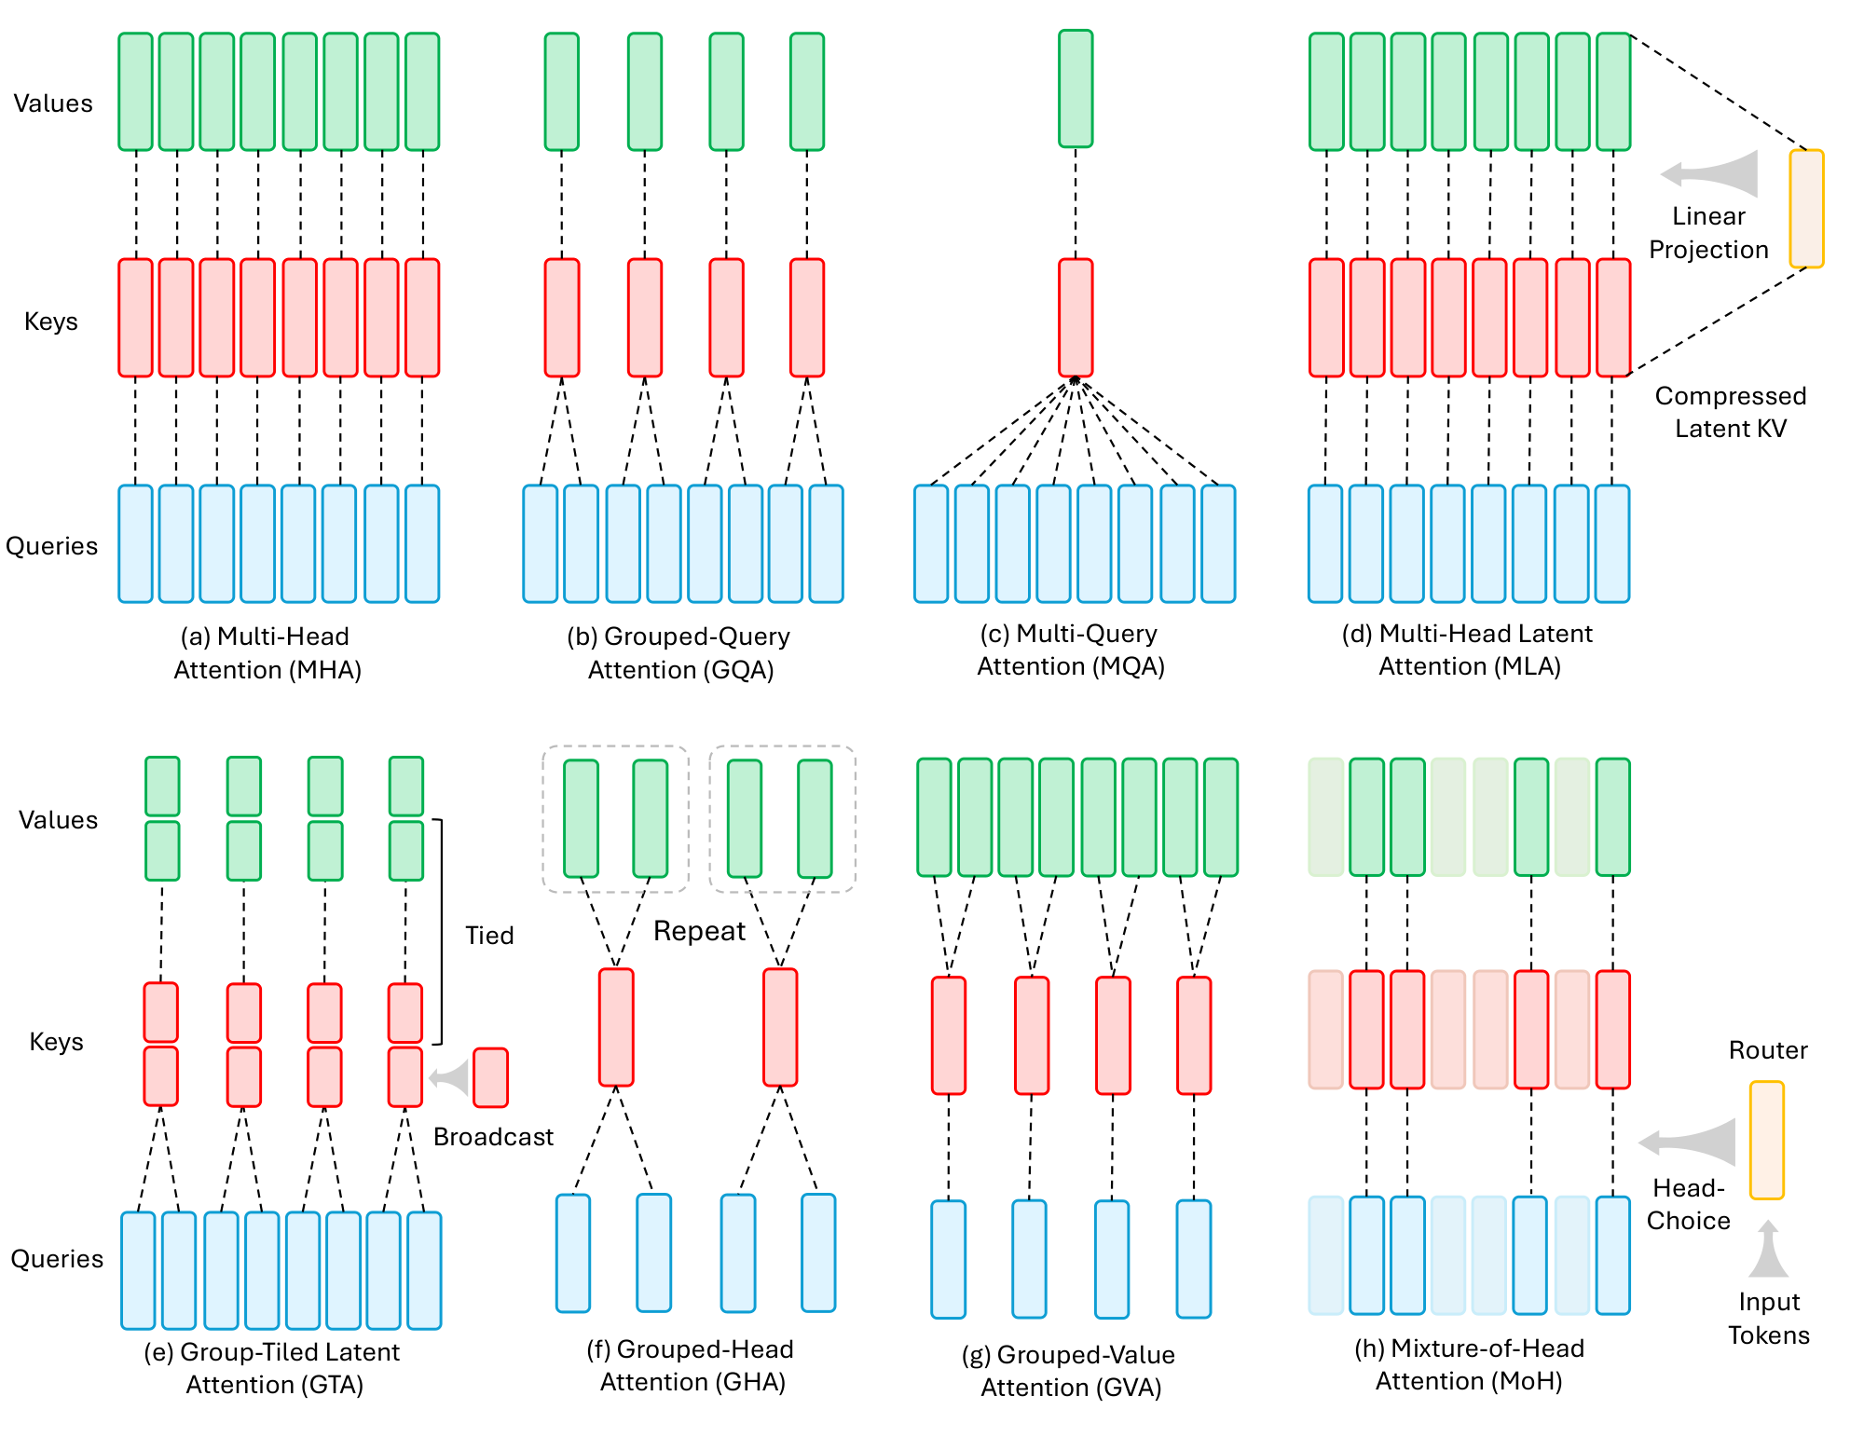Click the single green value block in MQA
pyautogui.click(x=1076, y=89)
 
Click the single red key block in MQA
pyautogui.click(x=1076, y=318)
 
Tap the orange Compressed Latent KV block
pyautogui.click(x=1806, y=209)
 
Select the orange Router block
pyautogui.click(x=1766, y=1140)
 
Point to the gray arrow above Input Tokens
pyautogui.click(x=1768, y=1250)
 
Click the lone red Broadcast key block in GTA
pyautogui.click(x=490, y=1077)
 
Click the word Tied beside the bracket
pyautogui.click(x=489, y=935)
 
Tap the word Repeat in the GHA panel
pyautogui.click(x=699, y=931)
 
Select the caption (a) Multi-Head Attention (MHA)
pyautogui.click(x=267, y=652)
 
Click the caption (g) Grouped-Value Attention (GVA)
pyautogui.click(x=1070, y=1370)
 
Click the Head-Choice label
pyautogui.click(x=1688, y=1204)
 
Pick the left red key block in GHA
pyautogui.click(x=616, y=1027)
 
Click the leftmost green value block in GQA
pyautogui.click(x=562, y=91)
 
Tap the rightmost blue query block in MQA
pyautogui.click(x=1218, y=543)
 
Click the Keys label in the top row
pyautogui.click(x=51, y=322)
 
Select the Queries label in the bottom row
pyautogui.click(x=57, y=1259)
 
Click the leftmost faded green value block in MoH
pyautogui.click(x=1325, y=817)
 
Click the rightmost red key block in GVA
pyautogui.click(x=1194, y=1034)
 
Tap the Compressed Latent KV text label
pyautogui.click(x=1730, y=412)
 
